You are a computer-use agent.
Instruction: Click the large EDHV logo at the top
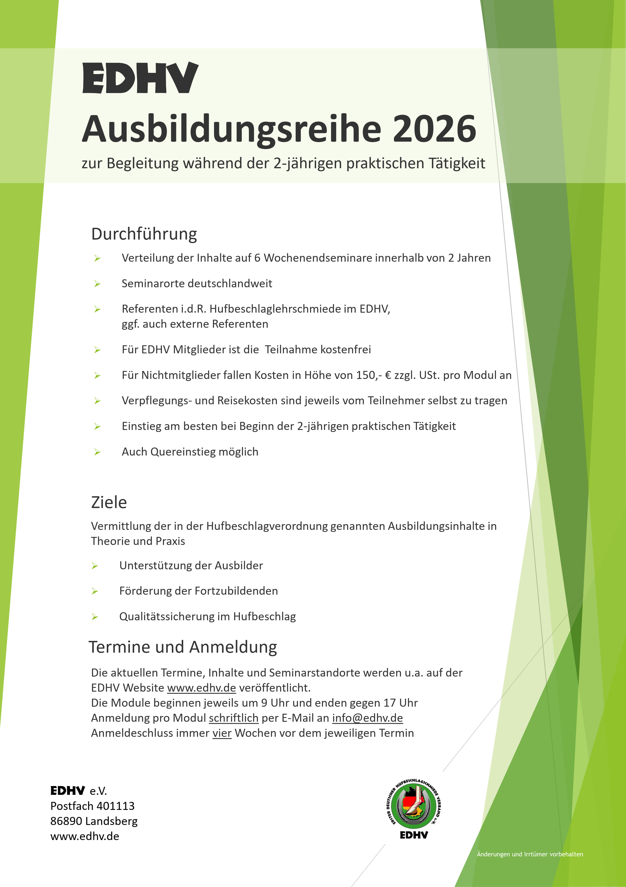[140, 78]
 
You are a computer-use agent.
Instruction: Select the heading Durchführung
[144, 234]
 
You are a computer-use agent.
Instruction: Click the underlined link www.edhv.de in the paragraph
[201, 688]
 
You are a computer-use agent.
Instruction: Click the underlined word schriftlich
[233, 718]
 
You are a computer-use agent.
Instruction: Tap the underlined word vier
[222, 733]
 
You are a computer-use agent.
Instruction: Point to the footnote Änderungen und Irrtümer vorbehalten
[530, 854]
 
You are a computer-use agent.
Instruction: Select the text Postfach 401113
[92, 806]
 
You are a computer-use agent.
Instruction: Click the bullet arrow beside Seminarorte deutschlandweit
[97, 284]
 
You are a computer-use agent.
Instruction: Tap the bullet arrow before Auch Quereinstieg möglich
[97, 452]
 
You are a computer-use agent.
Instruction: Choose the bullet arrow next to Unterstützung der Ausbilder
[95, 566]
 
